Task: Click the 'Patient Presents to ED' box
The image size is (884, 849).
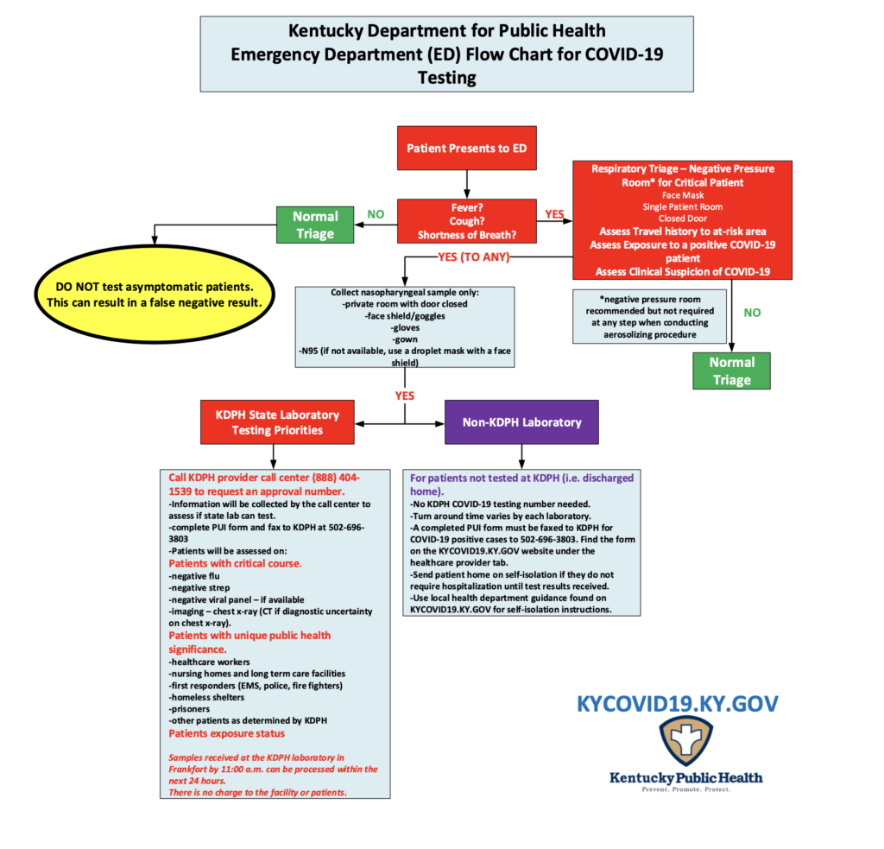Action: pos(467,148)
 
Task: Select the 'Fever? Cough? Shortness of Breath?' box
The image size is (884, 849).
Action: pos(467,221)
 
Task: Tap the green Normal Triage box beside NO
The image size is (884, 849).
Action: pos(315,225)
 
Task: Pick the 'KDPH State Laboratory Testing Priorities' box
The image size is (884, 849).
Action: pos(273,422)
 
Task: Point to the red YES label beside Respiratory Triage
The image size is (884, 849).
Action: pos(553,212)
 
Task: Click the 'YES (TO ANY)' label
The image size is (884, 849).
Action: pos(474,257)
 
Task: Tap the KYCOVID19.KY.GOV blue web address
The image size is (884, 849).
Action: pos(678,704)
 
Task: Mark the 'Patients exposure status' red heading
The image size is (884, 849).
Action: pos(227,733)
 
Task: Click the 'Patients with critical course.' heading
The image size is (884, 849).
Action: pos(235,563)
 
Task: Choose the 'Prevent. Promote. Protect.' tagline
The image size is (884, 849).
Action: pos(686,789)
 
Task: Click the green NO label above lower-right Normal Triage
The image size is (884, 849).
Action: pos(752,313)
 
